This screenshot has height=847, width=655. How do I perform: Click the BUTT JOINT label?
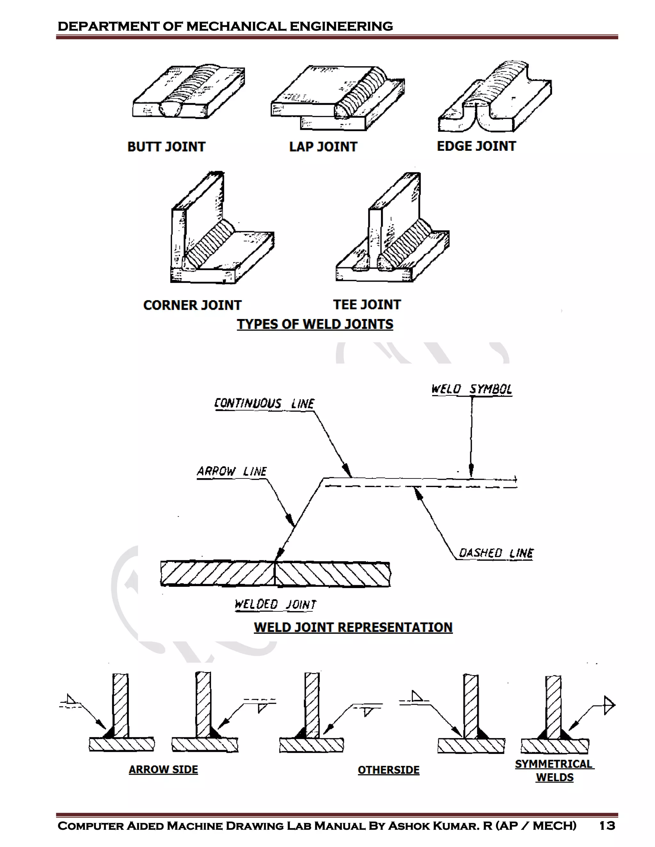tap(166, 147)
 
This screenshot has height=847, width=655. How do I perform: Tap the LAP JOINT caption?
tap(323, 147)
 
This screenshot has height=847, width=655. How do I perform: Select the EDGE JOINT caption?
tap(476, 146)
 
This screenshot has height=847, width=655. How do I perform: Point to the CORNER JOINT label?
tap(192, 305)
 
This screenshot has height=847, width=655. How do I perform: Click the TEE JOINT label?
tap(367, 305)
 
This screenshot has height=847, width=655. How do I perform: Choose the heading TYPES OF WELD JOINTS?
tap(315, 324)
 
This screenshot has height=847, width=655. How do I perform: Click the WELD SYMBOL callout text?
tap(471, 389)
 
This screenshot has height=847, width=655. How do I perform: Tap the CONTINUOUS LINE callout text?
tap(264, 403)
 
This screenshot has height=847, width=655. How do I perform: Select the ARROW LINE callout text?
tap(232, 471)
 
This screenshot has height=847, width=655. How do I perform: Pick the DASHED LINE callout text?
tap(496, 553)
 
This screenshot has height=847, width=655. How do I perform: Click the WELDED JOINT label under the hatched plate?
tap(275, 604)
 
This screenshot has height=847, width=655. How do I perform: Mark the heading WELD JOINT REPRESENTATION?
tap(353, 627)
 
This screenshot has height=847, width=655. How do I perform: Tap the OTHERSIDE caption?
tap(388, 770)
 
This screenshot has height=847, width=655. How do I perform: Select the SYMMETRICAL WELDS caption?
tap(554, 771)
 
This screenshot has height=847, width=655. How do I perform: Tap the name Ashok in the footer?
tap(409, 826)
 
